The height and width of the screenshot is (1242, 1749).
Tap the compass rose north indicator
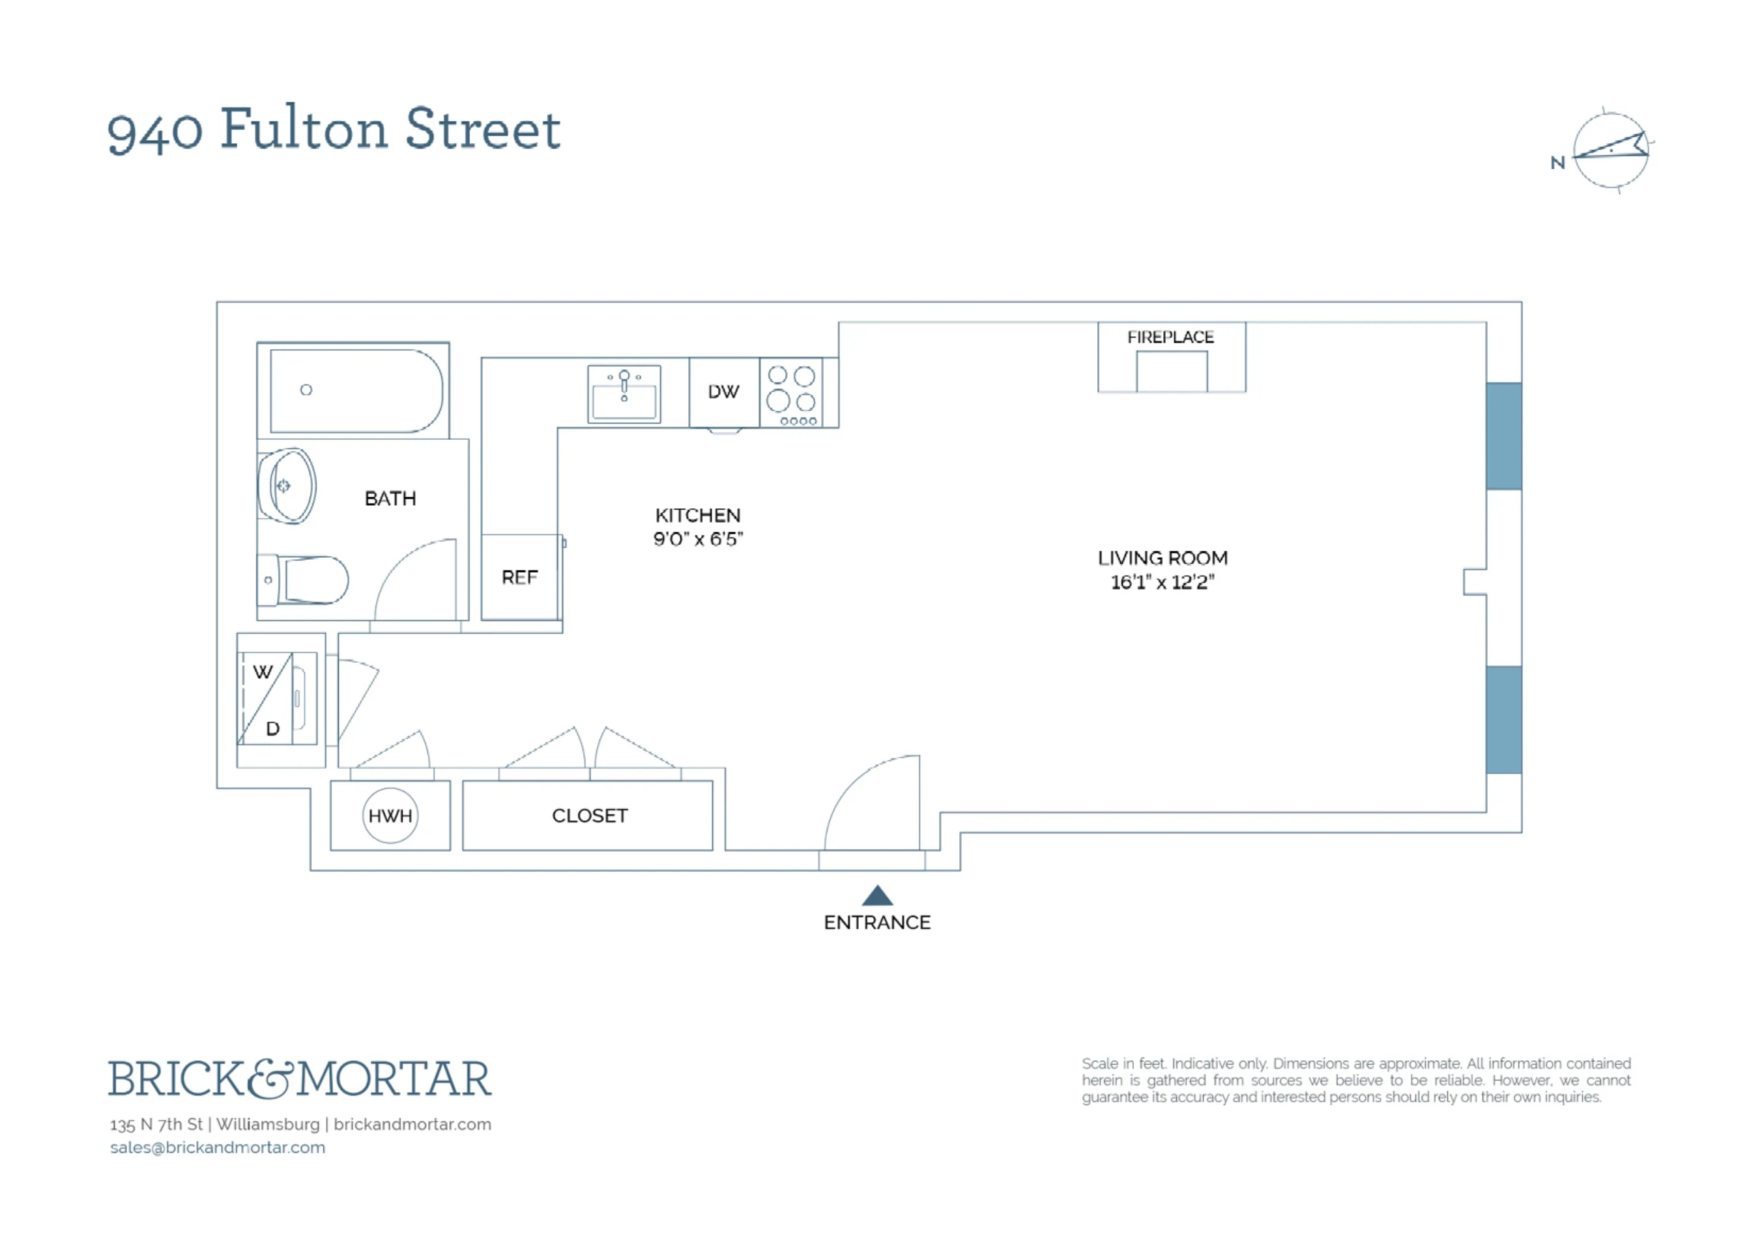(1609, 150)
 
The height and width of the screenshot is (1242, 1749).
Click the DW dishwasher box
(723, 392)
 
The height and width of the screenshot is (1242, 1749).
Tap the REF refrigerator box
(519, 577)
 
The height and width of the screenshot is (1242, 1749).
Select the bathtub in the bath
(356, 391)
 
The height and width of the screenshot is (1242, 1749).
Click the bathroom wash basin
(287, 485)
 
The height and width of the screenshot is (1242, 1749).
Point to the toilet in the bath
(306, 580)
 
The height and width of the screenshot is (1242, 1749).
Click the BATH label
(390, 498)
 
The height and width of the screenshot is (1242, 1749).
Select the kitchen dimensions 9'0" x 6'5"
(697, 538)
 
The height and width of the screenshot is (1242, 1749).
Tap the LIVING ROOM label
(1162, 558)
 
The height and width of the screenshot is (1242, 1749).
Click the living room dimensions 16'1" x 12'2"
(1162, 582)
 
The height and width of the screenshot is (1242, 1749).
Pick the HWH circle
(390, 815)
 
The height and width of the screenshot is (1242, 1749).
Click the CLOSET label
(589, 815)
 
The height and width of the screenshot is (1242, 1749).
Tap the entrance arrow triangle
(876, 895)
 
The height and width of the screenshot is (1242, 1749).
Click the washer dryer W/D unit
(276, 699)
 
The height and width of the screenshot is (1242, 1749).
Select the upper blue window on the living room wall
(1503, 435)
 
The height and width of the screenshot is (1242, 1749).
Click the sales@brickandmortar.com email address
(217, 1147)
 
